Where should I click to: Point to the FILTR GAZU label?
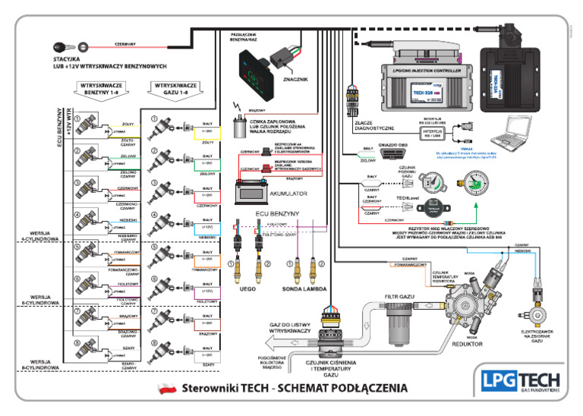(x=399, y=296)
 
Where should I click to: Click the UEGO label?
(x=247, y=289)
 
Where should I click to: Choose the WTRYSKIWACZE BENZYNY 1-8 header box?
(x=102, y=90)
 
